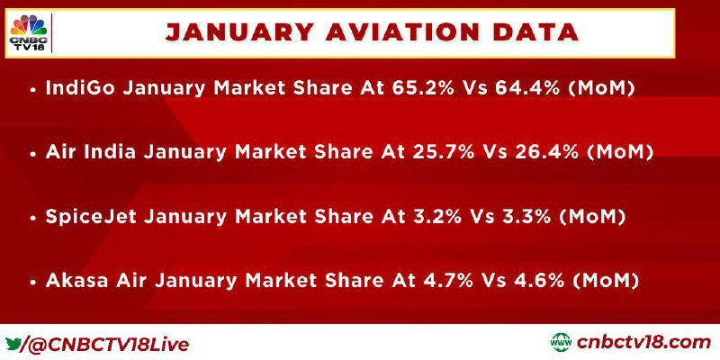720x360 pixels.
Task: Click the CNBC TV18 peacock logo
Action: tap(28, 33)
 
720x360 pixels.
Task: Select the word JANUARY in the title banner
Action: tap(239, 33)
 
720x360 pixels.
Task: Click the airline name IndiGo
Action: tap(81, 87)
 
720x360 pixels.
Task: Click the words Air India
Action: tap(91, 152)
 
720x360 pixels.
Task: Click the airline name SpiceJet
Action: tap(91, 216)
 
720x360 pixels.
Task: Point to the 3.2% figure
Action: tap(432, 216)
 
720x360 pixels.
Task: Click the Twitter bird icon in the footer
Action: tap(13, 343)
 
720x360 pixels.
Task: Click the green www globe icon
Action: tap(561, 343)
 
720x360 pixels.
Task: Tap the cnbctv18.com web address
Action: tap(643, 343)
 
